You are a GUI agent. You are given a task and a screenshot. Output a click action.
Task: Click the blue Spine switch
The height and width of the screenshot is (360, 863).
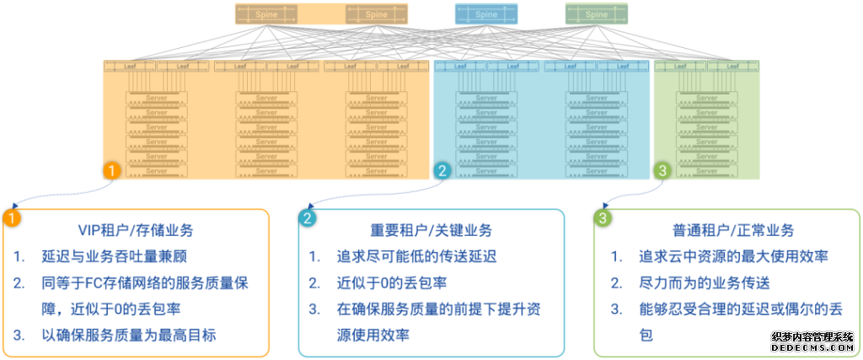pos(486,14)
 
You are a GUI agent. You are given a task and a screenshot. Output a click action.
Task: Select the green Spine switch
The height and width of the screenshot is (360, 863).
pos(596,14)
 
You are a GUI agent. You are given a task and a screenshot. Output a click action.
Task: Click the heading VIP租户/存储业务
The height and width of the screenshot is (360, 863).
pos(135,230)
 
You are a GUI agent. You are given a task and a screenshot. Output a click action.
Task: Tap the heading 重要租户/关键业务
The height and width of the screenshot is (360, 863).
pos(431,230)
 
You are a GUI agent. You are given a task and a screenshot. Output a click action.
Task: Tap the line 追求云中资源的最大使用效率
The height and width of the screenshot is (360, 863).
pos(732,256)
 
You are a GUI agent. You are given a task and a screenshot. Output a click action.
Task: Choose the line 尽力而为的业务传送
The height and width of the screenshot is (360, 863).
pos(705,282)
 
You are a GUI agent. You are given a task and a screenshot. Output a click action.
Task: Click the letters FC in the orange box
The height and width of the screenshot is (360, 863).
pos(94,282)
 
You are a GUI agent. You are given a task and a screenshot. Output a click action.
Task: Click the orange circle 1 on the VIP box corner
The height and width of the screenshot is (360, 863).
pos(11,218)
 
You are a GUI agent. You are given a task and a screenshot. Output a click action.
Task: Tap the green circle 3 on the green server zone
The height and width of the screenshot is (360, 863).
pos(663,170)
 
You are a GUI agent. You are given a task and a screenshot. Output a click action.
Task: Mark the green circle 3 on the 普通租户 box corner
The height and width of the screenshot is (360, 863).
pos(603,218)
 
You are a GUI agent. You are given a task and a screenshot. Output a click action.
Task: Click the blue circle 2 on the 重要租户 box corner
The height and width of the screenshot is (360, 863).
pos(307,218)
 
